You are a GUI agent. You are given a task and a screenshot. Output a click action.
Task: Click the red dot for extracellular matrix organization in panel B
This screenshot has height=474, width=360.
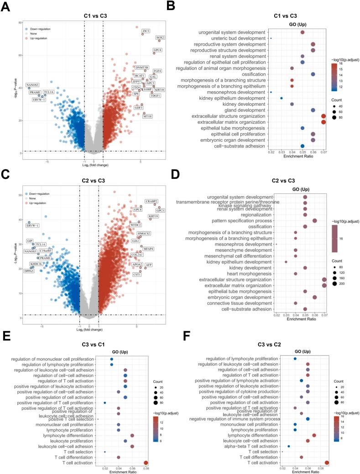click(x=323, y=122)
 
